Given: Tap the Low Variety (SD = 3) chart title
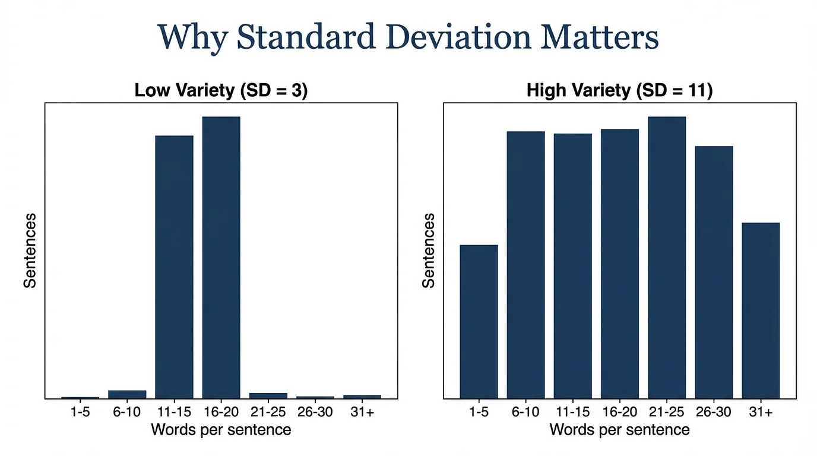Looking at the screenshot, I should click(x=221, y=90).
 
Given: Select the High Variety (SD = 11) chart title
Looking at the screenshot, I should click(x=619, y=90).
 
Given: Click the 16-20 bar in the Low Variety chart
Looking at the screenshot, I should click(x=221, y=257).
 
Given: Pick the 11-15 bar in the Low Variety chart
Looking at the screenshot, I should click(x=174, y=267).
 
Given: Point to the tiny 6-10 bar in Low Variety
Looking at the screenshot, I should click(x=127, y=394).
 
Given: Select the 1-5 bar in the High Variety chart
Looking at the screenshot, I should click(x=479, y=321).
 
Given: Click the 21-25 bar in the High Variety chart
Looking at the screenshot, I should click(x=666, y=257).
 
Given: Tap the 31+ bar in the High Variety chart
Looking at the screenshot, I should click(x=760, y=310).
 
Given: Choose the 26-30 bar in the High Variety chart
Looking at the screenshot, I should click(x=713, y=272).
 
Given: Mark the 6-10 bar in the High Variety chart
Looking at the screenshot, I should click(x=525, y=264).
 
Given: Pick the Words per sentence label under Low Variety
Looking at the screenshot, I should click(x=221, y=429).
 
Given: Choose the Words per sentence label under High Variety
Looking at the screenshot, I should click(x=619, y=429).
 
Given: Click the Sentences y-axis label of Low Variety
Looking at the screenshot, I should click(x=30, y=251).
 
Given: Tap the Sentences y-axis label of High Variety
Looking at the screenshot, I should click(x=429, y=251).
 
